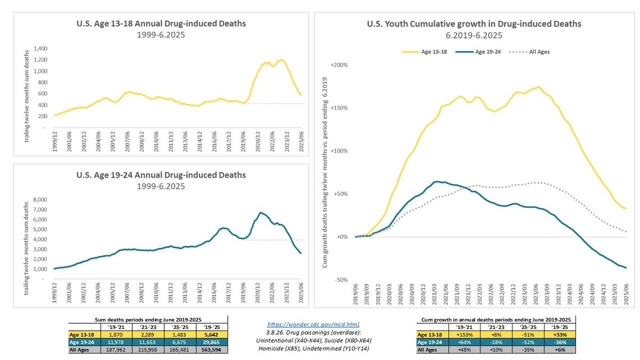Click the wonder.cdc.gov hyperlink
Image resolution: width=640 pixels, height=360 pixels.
(320, 324)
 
